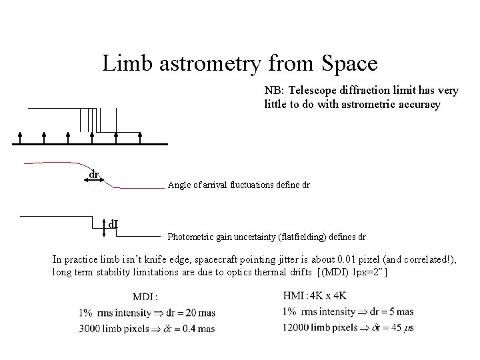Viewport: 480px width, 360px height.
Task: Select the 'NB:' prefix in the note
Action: coord(274,90)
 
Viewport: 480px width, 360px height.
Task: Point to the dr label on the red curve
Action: coord(95,174)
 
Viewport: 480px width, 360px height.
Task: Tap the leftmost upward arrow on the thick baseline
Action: coord(20,137)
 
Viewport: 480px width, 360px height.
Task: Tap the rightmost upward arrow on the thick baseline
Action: coord(140,137)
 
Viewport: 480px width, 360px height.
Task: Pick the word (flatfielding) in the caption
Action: coord(309,237)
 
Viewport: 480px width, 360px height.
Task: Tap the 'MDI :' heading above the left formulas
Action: coord(146,297)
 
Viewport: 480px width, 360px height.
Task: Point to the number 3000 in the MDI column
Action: coord(90,329)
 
